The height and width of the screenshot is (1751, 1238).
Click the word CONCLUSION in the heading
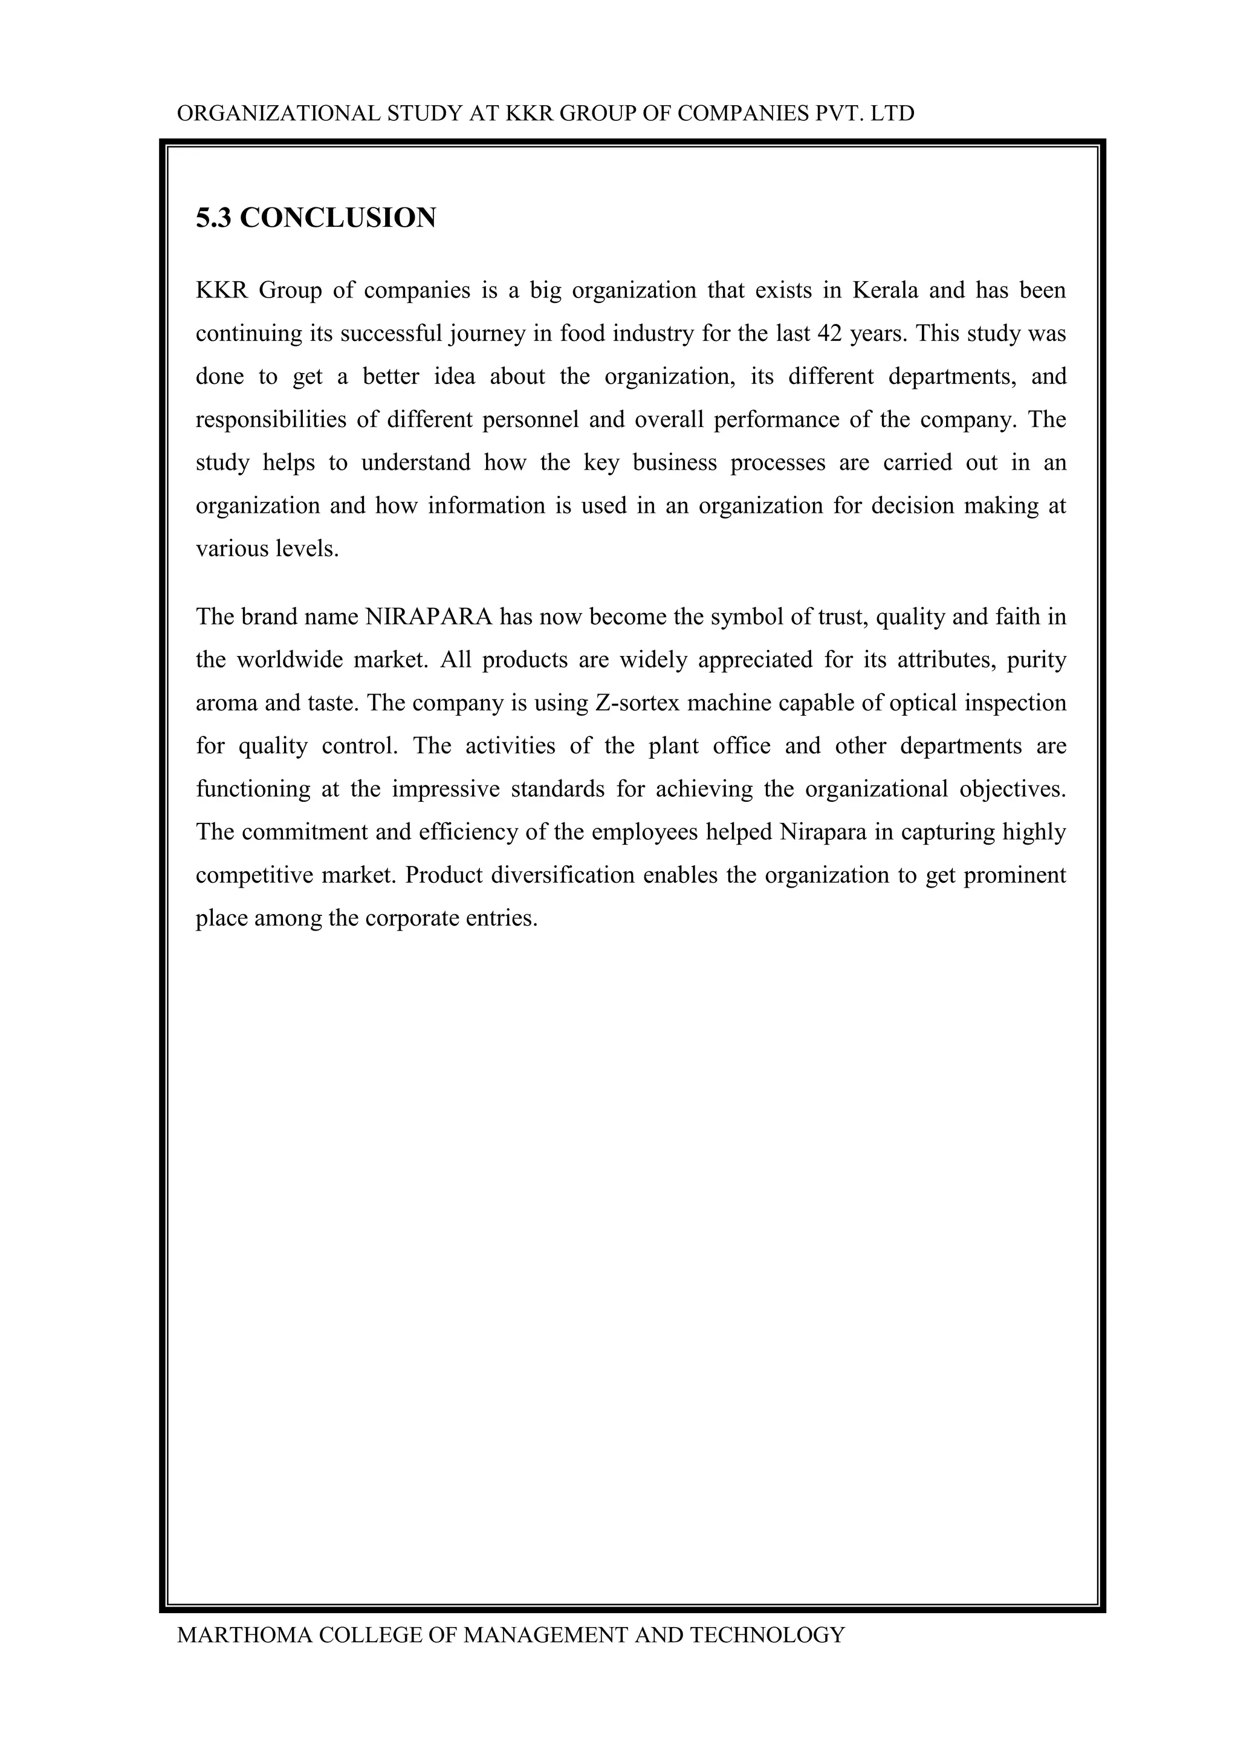pos(338,218)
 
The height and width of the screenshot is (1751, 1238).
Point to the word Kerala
pos(884,291)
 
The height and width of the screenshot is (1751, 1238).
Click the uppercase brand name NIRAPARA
pos(429,616)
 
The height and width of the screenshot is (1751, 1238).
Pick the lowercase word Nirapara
pos(823,831)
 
